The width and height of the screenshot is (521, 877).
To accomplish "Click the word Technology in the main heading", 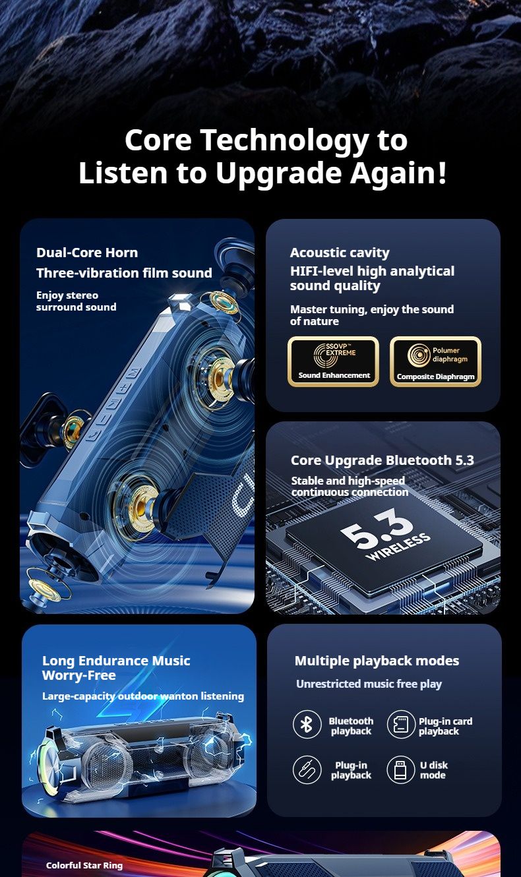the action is [x=285, y=141].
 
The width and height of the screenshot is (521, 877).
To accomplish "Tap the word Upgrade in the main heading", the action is [x=279, y=173].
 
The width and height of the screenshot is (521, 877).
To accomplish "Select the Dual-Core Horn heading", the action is [x=87, y=253].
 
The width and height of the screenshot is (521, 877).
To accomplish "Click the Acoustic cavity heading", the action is [x=340, y=253].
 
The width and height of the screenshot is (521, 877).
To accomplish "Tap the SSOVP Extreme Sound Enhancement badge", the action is [x=334, y=361].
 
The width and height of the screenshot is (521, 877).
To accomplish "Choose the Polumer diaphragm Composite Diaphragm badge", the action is [x=435, y=361].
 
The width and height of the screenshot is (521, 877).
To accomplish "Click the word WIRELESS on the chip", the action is [x=398, y=547].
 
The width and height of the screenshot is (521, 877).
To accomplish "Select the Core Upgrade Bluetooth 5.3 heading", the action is [x=382, y=460].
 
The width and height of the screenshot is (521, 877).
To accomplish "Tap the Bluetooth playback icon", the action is [x=307, y=724].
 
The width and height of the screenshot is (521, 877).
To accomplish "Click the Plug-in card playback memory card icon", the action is [x=401, y=724].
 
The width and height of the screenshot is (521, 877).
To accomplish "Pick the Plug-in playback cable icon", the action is [x=307, y=770].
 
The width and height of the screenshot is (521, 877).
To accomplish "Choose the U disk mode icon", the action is [x=401, y=770].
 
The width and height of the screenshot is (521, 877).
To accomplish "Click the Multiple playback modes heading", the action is [x=377, y=661].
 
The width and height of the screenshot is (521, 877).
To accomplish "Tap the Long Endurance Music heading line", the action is [x=116, y=661].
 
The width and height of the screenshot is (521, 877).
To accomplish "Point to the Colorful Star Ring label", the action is [x=84, y=865].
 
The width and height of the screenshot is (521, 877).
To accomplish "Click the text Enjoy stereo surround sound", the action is [x=77, y=301].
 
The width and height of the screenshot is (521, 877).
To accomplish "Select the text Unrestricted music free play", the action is [x=369, y=684].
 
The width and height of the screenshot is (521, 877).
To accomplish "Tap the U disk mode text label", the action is [x=434, y=770].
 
